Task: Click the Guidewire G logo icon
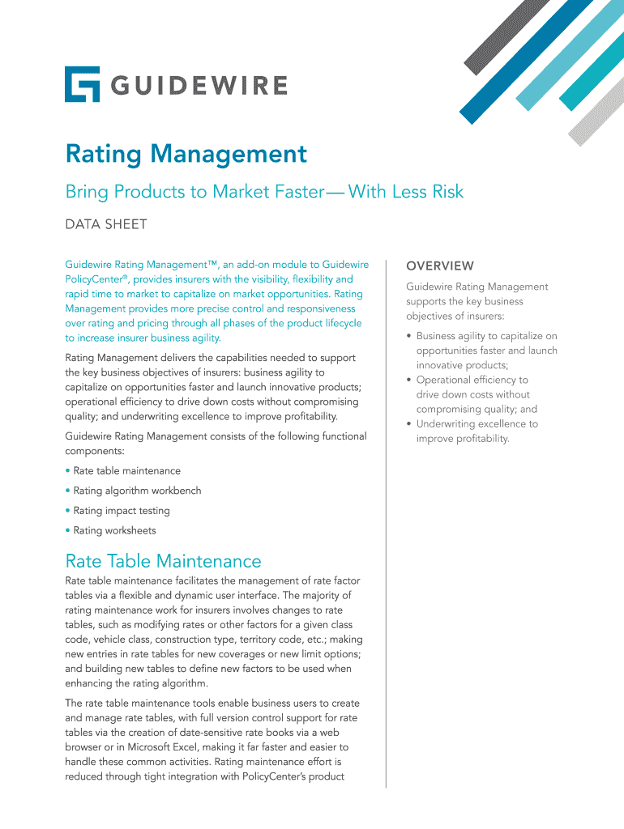coord(82,84)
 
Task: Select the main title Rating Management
coord(186,154)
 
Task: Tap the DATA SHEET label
coord(106,224)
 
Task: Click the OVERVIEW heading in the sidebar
coord(440,266)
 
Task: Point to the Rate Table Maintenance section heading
coord(163,561)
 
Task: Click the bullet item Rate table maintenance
coord(126,470)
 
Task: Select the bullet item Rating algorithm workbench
coord(137,491)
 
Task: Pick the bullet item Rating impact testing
coord(122,511)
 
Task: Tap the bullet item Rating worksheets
coord(114,531)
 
